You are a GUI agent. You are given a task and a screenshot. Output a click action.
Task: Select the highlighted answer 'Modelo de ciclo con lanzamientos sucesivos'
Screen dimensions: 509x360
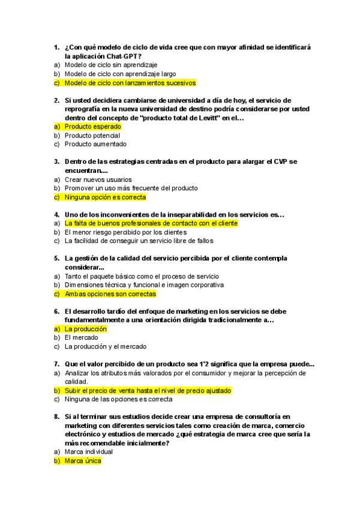click(130, 83)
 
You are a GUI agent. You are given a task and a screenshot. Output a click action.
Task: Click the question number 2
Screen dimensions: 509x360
click(56, 100)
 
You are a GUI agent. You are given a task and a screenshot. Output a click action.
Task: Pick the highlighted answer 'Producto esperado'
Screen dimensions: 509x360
click(92, 127)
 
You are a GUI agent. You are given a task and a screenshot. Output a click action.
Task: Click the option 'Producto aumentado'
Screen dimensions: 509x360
click(95, 144)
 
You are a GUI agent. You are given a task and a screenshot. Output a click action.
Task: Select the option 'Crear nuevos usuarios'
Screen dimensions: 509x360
click(98, 179)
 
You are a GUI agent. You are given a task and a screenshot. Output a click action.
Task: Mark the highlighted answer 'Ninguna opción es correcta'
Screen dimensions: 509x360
click(105, 197)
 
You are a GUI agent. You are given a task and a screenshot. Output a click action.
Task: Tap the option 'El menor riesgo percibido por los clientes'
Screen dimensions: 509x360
click(125, 232)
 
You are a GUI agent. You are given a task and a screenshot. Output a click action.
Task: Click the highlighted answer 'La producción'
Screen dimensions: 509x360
click(85, 329)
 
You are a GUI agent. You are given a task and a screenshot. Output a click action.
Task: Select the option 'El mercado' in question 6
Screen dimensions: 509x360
click(81, 338)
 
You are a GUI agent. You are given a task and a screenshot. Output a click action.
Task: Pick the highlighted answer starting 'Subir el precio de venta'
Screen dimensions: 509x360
click(148, 390)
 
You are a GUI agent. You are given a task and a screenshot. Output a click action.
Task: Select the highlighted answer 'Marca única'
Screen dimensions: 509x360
click(83, 461)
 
